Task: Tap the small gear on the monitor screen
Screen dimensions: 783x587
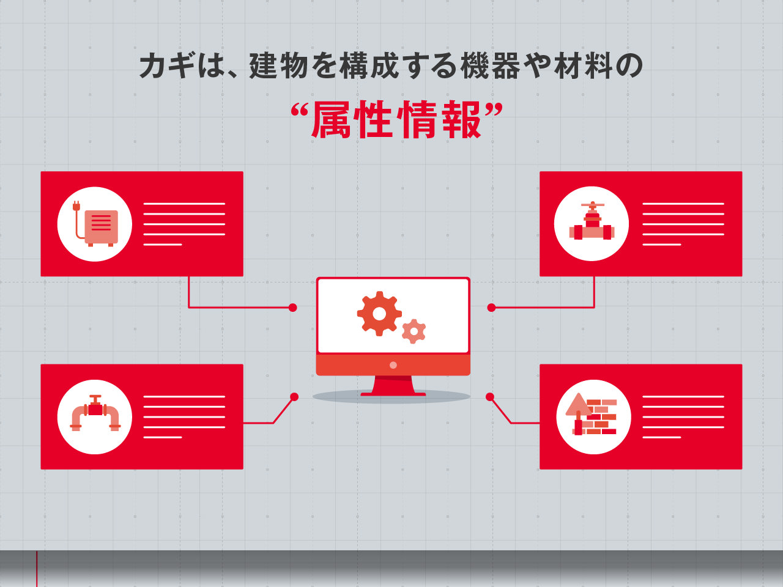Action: click(414, 331)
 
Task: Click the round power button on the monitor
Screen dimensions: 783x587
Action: click(393, 365)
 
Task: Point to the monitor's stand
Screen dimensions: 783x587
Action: click(393, 386)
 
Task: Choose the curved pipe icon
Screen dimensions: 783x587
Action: click(95, 413)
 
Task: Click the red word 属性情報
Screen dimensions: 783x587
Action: click(396, 119)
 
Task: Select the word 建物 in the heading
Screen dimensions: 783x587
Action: click(278, 65)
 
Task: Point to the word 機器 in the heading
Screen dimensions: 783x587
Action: click(490, 65)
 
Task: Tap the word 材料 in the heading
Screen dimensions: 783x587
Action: click(584, 65)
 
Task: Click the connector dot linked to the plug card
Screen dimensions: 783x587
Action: click(293, 308)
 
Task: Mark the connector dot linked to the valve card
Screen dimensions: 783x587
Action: click(491, 308)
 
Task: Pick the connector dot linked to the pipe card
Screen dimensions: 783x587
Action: click(294, 397)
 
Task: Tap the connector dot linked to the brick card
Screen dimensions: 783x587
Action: click(490, 397)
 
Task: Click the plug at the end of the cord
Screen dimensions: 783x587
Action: click(75, 206)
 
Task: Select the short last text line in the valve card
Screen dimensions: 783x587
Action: click(662, 245)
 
